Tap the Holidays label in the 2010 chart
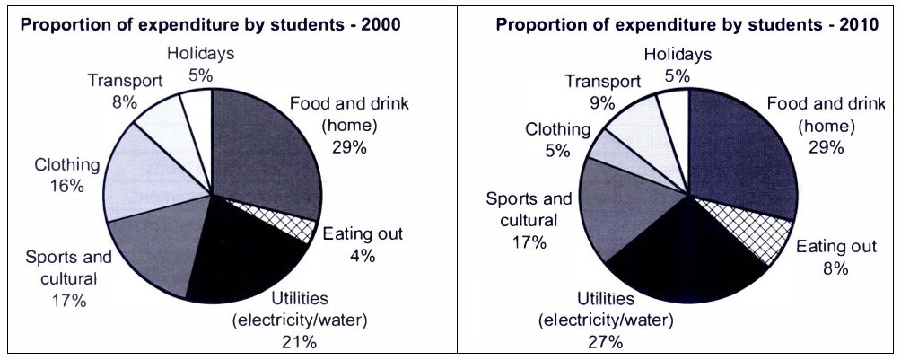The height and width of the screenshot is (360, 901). coord(678,55)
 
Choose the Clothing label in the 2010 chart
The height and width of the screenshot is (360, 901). coord(558,130)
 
